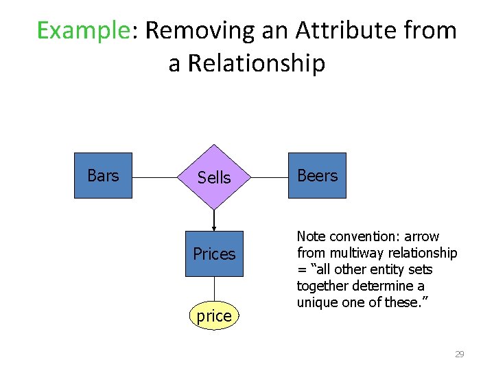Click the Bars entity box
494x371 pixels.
pos(103,176)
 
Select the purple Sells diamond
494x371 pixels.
pos(214,177)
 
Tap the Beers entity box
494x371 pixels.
pos(317,176)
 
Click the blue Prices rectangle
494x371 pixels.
pos(214,254)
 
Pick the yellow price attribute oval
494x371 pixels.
pos(214,316)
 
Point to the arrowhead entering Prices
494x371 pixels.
pos(214,228)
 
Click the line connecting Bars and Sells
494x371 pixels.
pos(154,177)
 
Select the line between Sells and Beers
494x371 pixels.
pos(270,177)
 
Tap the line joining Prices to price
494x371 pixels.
pos(214,289)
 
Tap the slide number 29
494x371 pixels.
pos(460,355)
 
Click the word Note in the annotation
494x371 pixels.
pos(311,236)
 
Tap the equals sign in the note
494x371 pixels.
pos(301,269)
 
